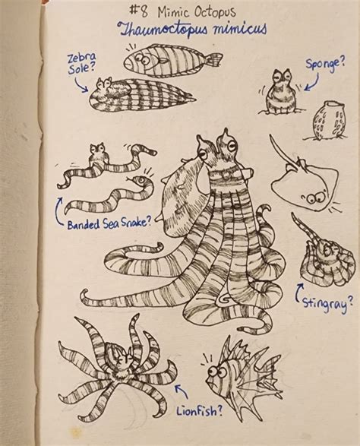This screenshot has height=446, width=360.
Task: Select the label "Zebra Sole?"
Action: tap(79, 65)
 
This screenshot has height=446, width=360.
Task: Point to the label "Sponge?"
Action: tap(329, 65)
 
